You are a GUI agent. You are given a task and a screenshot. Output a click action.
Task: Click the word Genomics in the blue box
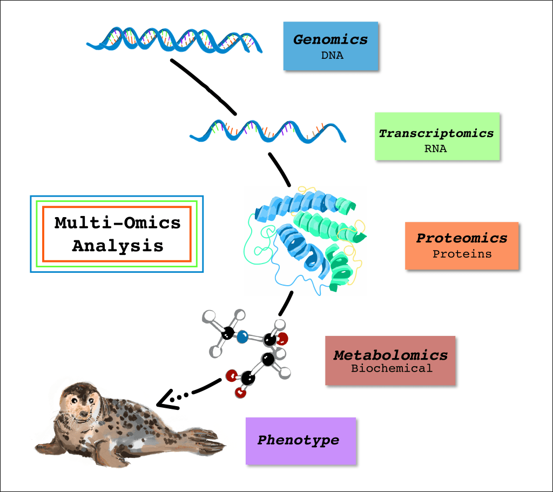(331, 39)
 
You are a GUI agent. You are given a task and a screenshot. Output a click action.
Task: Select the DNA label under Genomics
(332, 55)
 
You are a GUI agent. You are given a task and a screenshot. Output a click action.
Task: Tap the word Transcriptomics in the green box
(436, 133)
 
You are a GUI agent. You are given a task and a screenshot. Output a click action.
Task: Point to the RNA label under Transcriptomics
(435, 149)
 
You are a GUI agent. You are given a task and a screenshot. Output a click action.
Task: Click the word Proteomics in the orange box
(462, 238)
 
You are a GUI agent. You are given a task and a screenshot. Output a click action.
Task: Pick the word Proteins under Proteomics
(462, 253)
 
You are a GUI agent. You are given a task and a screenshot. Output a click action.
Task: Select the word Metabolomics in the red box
(390, 355)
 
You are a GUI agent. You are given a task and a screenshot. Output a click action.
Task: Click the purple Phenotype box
(301, 440)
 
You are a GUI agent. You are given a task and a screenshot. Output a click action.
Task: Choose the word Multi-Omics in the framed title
(118, 223)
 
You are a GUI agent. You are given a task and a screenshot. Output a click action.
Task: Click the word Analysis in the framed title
(118, 246)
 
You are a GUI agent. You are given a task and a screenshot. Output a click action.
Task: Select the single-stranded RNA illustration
(267, 131)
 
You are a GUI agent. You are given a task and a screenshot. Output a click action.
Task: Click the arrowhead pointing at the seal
(164, 400)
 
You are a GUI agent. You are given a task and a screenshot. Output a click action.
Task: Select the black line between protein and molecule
(286, 303)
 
